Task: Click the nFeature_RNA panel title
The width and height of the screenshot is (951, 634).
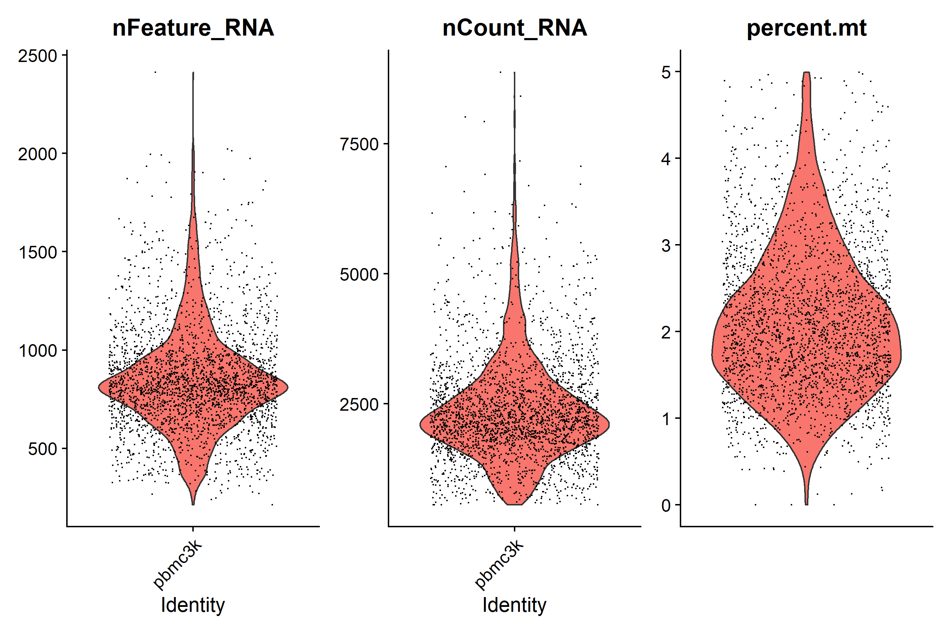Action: point(193,28)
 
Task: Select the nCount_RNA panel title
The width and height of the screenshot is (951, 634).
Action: point(514,28)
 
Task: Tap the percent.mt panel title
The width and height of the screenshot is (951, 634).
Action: point(806,28)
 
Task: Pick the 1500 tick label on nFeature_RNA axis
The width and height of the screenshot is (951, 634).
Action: point(38,253)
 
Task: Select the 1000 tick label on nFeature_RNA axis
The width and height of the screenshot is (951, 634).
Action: point(38,351)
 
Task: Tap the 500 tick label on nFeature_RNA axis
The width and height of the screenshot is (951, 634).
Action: point(43,449)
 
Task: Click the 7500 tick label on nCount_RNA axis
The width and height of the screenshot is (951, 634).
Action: point(359,144)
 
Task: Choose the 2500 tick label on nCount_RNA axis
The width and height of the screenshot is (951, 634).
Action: point(359,405)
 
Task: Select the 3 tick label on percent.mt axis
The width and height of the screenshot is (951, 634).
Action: point(666,245)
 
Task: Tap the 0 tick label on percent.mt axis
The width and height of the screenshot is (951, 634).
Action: point(666,505)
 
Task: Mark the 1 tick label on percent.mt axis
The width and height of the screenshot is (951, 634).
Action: point(666,419)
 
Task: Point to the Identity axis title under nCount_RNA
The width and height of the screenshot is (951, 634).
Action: point(514,605)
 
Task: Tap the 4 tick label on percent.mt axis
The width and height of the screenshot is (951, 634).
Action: point(666,159)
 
